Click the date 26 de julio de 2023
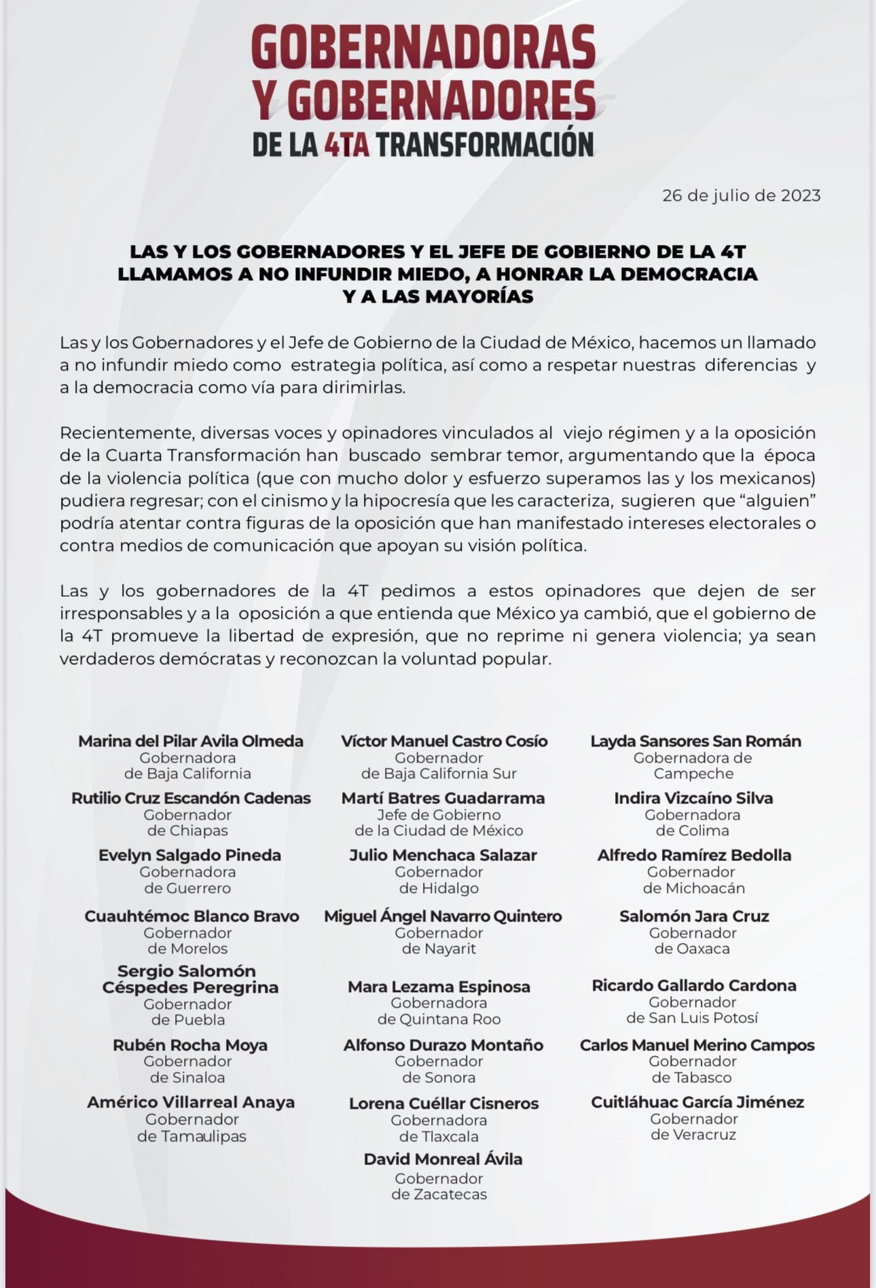[742, 196]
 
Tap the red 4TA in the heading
[346, 145]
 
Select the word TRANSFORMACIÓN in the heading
[485, 145]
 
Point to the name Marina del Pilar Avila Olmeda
[191, 741]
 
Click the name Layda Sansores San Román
[695, 741]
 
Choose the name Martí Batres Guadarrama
[443, 798]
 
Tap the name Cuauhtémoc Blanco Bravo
[191, 916]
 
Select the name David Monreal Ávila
[443, 1159]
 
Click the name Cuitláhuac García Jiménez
[697, 1102]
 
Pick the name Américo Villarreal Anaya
[191, 1103]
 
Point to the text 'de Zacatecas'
[439, 1194]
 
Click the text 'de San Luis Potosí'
[692, 1018]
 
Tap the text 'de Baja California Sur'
[439, 774]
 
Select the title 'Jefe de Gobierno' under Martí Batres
[439, 815]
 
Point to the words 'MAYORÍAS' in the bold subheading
[483, 297]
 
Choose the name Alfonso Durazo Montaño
[443, 1045]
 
